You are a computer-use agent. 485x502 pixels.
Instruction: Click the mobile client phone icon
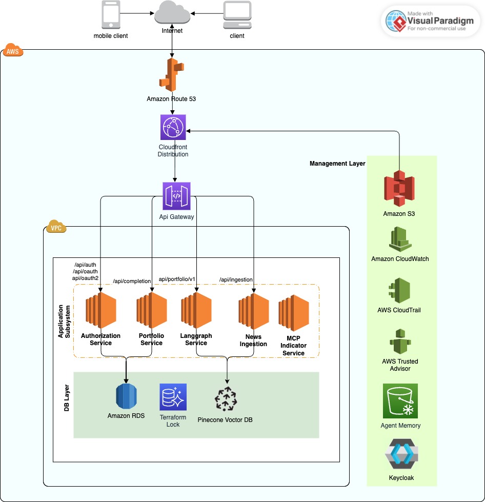coord(110,15)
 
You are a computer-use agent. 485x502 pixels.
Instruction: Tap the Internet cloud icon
coord(172,13)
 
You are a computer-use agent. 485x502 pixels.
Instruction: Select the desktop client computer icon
coord(237,15)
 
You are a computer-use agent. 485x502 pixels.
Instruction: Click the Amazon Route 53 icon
coord(172,75)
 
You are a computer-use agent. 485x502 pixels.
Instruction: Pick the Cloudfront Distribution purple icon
coord(173,127)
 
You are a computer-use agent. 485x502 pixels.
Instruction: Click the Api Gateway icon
coord(176,196)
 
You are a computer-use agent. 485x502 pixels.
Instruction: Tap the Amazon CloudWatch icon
coord(400,239)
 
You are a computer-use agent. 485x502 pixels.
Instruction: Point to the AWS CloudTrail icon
coord(400,291)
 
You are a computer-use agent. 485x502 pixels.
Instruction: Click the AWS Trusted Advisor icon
coord(400,343)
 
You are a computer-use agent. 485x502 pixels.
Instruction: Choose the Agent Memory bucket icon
coord(400,401)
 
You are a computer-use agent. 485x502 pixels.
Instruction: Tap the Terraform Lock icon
coord(173,397)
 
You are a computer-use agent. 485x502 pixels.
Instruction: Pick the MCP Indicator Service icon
coord(293,313)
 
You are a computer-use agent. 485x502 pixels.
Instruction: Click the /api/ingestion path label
coord(236,279)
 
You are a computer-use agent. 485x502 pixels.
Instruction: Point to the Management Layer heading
coord(337,164)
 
